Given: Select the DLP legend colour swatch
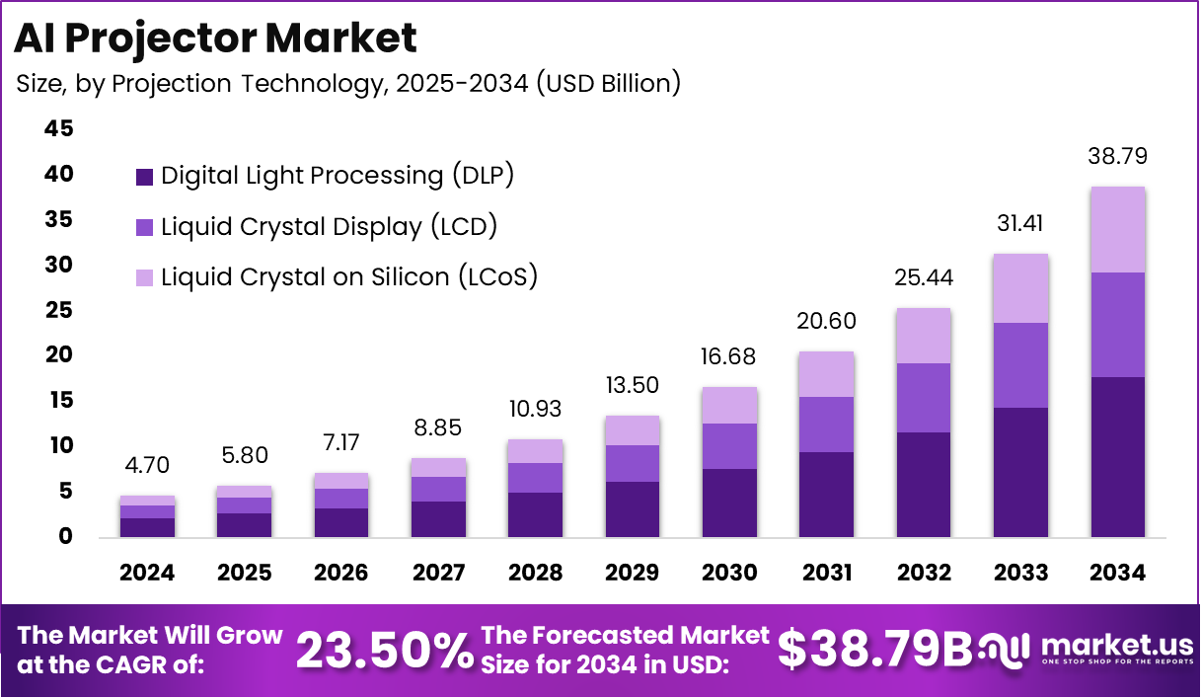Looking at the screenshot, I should click(x=144, y=177).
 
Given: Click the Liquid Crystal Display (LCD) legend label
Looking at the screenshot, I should click(x=329, y=227).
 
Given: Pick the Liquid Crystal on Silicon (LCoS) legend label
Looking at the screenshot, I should click(x=349, y=277).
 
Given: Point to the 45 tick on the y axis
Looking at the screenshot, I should click(x=58, y=129).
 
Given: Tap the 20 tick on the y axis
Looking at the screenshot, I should click(x=58, y=355).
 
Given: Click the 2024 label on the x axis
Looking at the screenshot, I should click(x=148, y=574).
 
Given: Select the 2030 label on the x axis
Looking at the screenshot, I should click(x=730, y=574).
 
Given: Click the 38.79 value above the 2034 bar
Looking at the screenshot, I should click(x=1118, y=157).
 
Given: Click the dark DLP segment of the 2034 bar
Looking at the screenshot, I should click(x=1118, y=456).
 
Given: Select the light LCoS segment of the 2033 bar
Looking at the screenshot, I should click(x=1021, y=288).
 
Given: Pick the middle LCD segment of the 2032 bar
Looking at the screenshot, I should click(x=924, y=398).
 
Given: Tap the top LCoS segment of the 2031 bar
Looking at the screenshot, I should click(x=827, y=374).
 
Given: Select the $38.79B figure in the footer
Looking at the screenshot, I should click(x=874, y=650).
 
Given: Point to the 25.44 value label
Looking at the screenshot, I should click(x=924, y=278).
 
